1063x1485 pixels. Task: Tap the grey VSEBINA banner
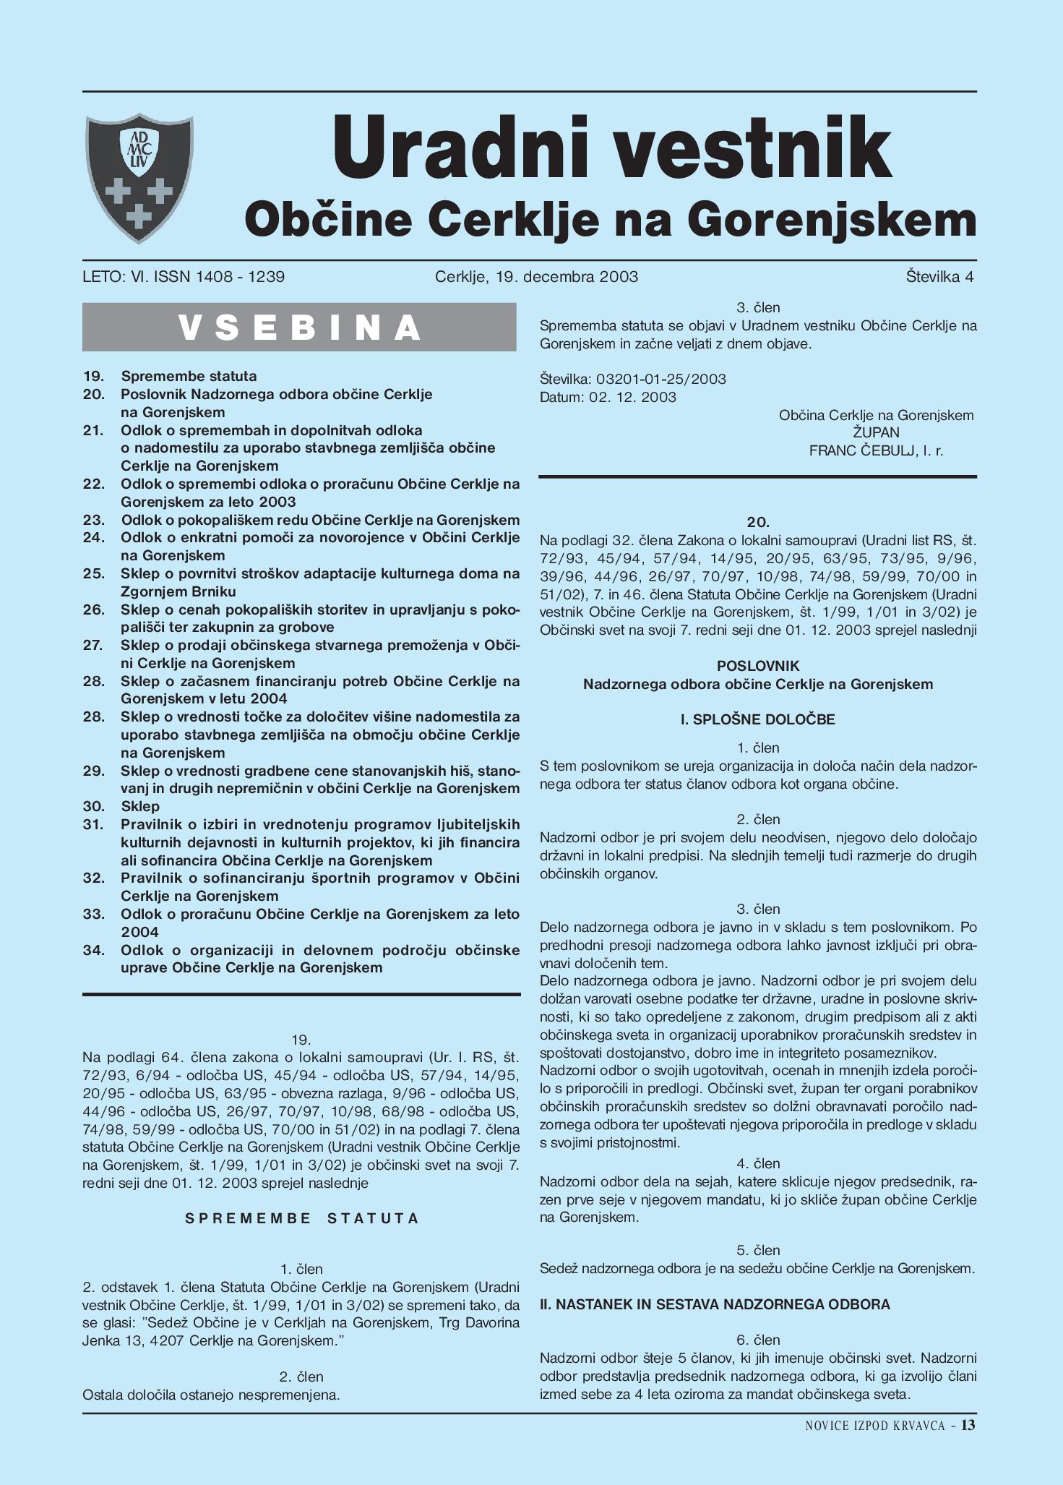(x=299, y=328)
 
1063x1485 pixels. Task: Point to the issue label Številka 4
(x=939, y=277)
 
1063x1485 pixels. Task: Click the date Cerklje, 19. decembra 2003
(x=536, y=277)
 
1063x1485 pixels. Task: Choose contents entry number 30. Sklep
(x=139, y=806)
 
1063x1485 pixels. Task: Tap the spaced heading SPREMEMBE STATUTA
(x=301, y=1218)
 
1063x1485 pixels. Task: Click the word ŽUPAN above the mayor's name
(x=876, y=433)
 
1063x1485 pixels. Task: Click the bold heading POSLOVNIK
(x=758, y=666)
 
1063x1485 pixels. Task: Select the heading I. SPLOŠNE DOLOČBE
(x=758, y=719)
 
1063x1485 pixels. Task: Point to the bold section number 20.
(x=758, y=522)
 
